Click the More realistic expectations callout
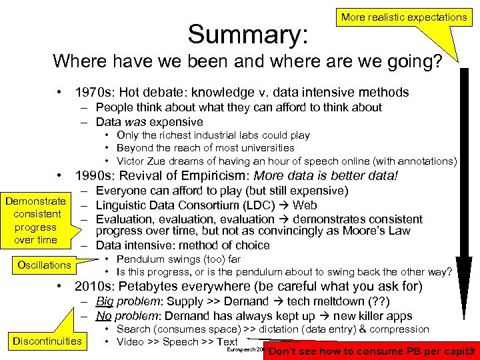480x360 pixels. click(x=404, y=17)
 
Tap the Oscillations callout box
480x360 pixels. click(x=44, y=265)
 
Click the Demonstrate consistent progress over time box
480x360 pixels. click(x=35, y=221)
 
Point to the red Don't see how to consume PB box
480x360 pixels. click(x=370, y=351)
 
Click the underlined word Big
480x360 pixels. click(x=105, y=302)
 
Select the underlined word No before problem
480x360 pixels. click(x=103, y=316)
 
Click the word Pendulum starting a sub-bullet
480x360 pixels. click(x=141, y=259)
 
